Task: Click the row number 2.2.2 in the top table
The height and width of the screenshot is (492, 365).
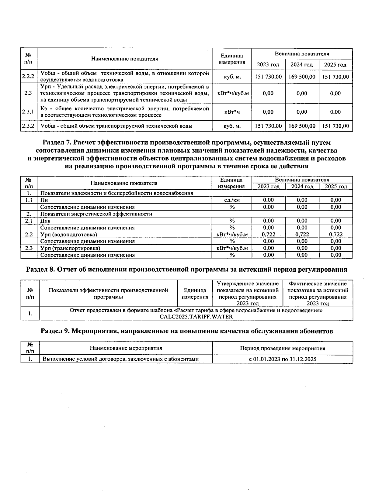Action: pos(29,77)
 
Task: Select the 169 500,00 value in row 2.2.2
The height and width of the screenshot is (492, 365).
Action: pos(302,77)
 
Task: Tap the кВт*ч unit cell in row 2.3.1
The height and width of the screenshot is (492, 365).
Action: pos(232,112)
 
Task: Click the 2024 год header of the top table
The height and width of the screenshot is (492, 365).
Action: pos(302,65)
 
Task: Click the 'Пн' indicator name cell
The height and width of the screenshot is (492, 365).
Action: pos(44,200)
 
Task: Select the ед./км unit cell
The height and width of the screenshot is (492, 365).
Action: pos(232,200)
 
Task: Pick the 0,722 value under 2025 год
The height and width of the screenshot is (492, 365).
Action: pos(335,234)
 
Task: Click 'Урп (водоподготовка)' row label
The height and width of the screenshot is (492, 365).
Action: pos(69,234)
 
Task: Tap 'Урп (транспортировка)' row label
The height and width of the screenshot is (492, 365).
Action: pos(70,248)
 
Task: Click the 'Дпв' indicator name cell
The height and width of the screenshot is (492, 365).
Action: pos(45,221)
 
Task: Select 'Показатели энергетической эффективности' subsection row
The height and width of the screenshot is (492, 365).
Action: pos(96,214)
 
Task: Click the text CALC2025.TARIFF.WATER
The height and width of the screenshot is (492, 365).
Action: pos(196,316)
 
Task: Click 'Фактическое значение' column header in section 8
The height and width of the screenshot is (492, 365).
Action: pos(318,284)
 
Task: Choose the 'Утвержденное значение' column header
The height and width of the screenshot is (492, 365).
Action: pos(248,284)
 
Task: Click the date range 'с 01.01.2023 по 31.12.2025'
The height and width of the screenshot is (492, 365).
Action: pos(283,359)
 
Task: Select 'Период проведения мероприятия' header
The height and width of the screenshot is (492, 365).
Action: pos(283,348)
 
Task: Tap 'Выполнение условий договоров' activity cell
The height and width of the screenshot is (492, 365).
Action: pos(121,359)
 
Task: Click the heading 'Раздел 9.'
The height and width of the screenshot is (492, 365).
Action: pos(55,331)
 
